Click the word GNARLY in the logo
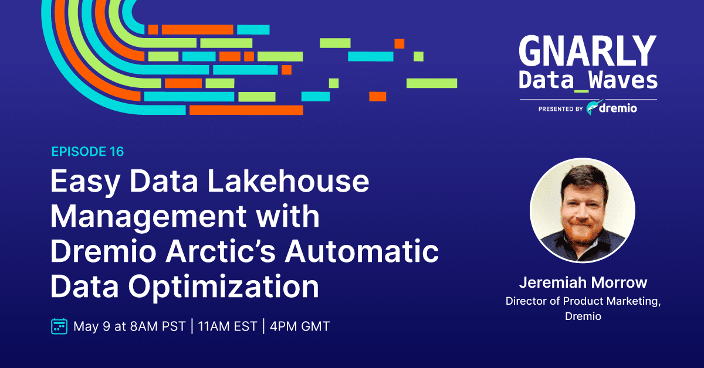tap(588, 50)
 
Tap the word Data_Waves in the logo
tap(588, 81)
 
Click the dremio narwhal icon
tap(594, 107)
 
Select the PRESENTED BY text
tap(561, 109)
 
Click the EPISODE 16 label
tap(87, 152)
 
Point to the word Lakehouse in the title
tap(288, 181)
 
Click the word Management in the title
tap(148, 217)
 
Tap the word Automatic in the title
tap(361, 251)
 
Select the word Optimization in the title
tap(224, 287)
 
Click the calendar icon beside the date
tap(59, 326)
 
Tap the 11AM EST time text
tap(228, 326)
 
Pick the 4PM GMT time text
tap(300, 326)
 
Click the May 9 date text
tap(92, 327)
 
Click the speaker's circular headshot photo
tap(583, 210)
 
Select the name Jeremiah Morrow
tap(583, 282)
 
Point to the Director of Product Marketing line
tap(583, 301)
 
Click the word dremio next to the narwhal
tap(618, 108)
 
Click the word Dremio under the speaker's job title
tap(583, 316)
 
